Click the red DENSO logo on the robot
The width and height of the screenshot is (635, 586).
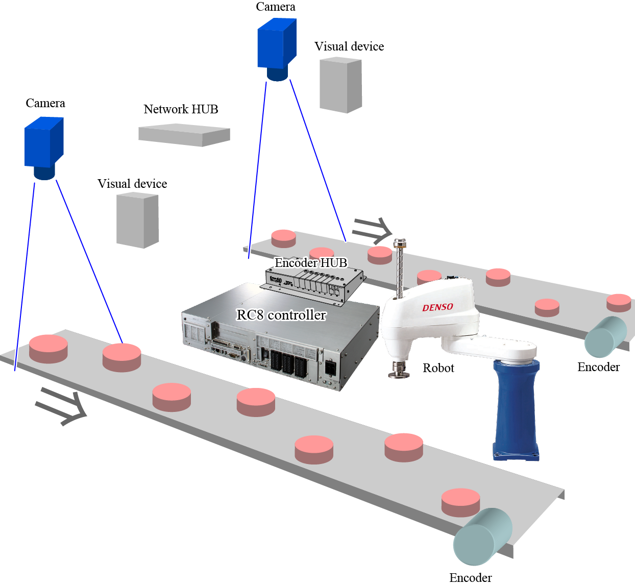437,307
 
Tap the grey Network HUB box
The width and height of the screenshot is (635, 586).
184,135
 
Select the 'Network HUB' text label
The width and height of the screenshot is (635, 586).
181,109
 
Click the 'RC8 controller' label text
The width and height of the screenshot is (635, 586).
281,315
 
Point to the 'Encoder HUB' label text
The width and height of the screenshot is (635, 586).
310,263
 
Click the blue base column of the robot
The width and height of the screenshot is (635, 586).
516,408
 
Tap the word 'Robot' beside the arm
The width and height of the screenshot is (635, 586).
438,368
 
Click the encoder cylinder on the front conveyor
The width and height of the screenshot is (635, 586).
482,537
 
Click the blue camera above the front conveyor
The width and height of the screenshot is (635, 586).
44,145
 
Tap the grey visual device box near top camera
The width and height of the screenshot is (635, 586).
340,85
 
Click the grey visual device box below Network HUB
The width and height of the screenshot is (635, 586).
137,221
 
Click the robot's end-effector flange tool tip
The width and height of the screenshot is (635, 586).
399,371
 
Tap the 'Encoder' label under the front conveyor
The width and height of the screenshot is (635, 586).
470,577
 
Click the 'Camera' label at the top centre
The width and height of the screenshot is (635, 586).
275,7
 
